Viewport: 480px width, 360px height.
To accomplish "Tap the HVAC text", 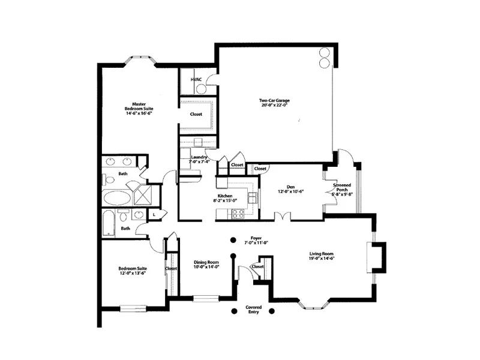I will tap(196, 79).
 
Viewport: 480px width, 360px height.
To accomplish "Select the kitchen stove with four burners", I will tap(238, 212).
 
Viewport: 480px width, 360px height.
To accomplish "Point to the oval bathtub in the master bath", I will tap(116, 198).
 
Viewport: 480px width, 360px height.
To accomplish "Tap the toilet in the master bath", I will tap(110, 179).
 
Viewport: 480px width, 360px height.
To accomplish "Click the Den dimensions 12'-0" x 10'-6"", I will tap(291, 191).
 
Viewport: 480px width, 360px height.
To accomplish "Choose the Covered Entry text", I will tap(253, 310).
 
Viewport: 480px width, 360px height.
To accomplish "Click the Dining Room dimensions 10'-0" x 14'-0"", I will tap(206, 267).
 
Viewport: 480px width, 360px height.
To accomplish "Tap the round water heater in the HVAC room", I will tap(201, 89).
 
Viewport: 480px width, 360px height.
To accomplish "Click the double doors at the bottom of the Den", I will tap(282, 216).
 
